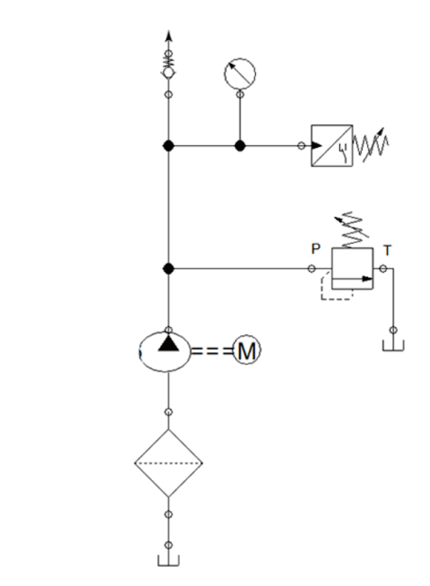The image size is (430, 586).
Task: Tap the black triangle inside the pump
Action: pos(169,343)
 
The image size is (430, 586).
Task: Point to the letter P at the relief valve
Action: pos(315,249)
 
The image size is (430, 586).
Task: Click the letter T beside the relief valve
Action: pos(387,250)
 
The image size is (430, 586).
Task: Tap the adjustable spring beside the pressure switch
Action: pos(372,145)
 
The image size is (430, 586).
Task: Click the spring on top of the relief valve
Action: pos(352,230)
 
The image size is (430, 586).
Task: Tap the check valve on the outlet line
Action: pos(169,64)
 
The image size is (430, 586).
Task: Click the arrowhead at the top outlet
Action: pos(169,36)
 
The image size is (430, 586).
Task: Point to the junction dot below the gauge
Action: pos(240,146)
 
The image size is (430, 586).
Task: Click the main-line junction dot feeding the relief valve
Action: pos(169,268)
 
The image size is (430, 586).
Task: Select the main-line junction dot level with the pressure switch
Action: pos(169,146)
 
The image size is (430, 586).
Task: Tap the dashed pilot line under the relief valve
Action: pos(337,299)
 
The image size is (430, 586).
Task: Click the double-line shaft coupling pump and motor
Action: pos(212,351)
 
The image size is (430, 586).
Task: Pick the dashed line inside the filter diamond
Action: pos(169,464)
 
